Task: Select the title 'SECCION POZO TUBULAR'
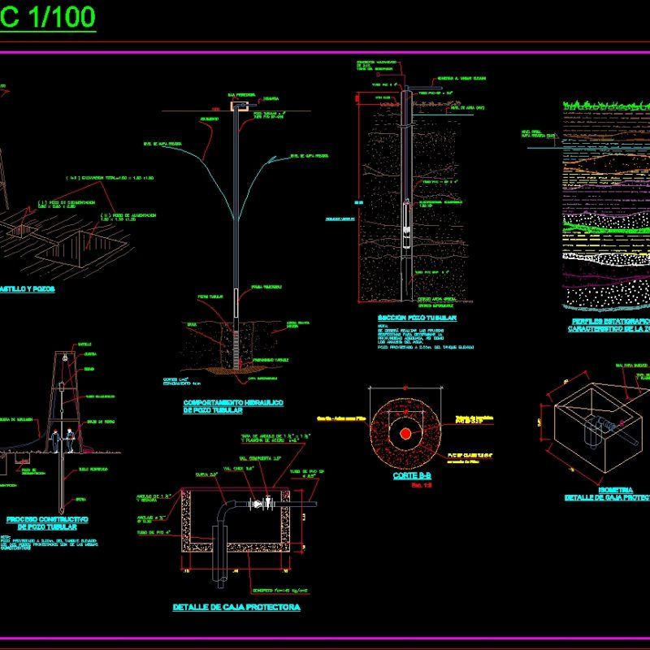point(417,318)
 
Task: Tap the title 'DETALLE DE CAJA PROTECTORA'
point(236,607)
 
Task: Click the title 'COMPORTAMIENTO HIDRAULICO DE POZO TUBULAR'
point(233,407)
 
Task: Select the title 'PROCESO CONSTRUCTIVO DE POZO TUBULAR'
point(46,522)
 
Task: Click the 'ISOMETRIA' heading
point(615,490)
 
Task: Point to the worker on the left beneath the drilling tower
point(54,440)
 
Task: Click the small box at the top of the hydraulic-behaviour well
point(238,106)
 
